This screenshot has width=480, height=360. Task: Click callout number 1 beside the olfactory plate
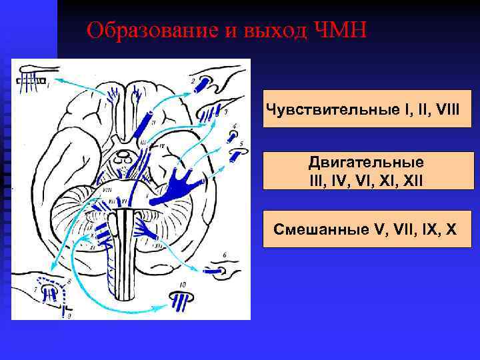[x=48, y=85]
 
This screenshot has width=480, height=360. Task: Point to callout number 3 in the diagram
[x=226, y=111]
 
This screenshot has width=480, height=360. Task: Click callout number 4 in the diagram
[x=234, y=126]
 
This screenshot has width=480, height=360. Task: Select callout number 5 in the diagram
[x=241, y=143]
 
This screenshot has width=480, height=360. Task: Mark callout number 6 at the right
[x=225, y=255]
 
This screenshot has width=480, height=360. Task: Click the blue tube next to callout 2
[x=203, y=85]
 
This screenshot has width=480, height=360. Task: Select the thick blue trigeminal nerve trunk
[x=180, y=183]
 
